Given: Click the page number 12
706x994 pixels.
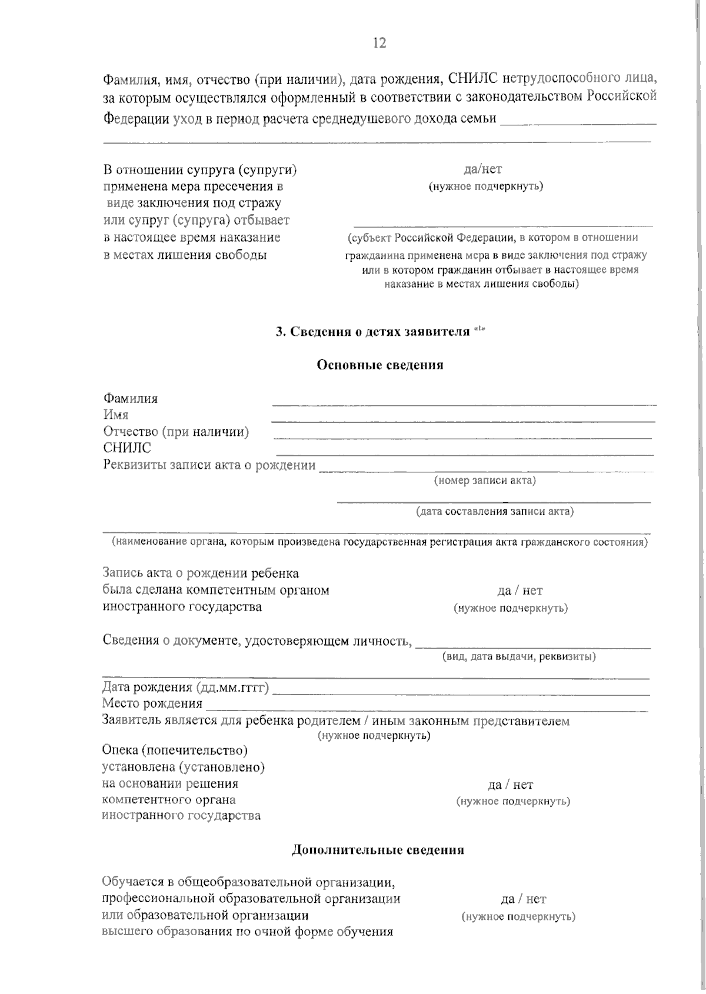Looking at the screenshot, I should click(379, 43).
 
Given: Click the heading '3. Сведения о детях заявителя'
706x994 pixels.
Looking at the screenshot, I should click(373, 332).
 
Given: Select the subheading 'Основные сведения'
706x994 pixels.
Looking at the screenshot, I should click(380, 365).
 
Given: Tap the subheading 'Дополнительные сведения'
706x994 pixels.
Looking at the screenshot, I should click(378, 850).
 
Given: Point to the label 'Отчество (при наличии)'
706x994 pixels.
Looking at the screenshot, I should click(176, 432).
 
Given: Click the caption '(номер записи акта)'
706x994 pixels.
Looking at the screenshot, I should click(485, 481).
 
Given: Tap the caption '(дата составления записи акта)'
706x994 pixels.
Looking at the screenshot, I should click(495, 511).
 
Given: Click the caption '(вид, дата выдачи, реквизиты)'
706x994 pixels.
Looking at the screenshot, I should click(519, 656).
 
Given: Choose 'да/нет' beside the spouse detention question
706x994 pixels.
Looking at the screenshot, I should click(483, 169).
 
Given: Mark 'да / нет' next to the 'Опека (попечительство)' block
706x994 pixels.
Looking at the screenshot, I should click(511, 785).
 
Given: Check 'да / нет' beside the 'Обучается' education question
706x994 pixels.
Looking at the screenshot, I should click(524, 899).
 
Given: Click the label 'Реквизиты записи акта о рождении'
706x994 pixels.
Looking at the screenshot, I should click(209, 465).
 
